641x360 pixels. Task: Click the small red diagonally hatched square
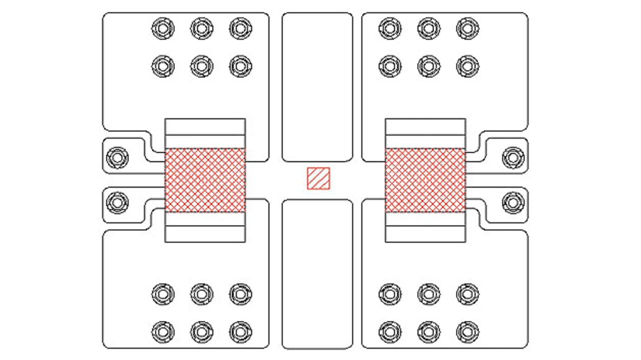coord(318,179)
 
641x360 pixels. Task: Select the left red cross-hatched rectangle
coord(205,180)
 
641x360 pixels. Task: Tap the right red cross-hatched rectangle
coord(425,180)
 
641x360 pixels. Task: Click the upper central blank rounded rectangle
coord(317,87)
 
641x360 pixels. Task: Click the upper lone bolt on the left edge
coord(117,158)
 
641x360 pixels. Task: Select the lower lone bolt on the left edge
coord(117,203)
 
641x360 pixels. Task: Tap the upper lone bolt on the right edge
coord(513,158)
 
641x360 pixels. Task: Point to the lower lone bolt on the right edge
coord(513,203)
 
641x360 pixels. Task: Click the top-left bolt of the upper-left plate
coord(163,28)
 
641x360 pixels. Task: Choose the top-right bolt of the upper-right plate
coord(467,28)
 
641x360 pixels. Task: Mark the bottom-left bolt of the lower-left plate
coord(163,331)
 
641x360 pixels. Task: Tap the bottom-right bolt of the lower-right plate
coord(467,331)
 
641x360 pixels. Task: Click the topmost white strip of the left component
coord(205,127)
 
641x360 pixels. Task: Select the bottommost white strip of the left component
coord(205,233)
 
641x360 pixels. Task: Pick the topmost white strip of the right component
coord(425,127)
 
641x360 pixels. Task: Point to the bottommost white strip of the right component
coord(425,233)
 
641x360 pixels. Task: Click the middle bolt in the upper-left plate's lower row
coord(201,66)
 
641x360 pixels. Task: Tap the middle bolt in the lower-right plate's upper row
coord(429,294)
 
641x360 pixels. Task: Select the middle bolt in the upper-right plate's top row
coord(429,28)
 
